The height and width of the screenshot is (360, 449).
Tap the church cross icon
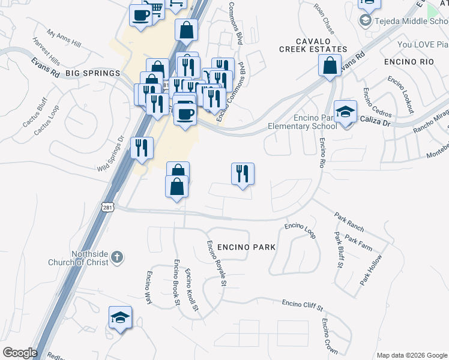point(117,257)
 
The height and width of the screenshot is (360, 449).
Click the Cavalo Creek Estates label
point(313,49)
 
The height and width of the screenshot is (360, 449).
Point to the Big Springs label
point(93,73)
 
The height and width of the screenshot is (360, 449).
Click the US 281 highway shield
point(107,207)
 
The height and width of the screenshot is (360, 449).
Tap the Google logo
point(20,353)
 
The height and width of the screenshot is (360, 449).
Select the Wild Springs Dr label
point(110,154)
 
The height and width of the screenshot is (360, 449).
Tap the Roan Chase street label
point(324,16)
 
